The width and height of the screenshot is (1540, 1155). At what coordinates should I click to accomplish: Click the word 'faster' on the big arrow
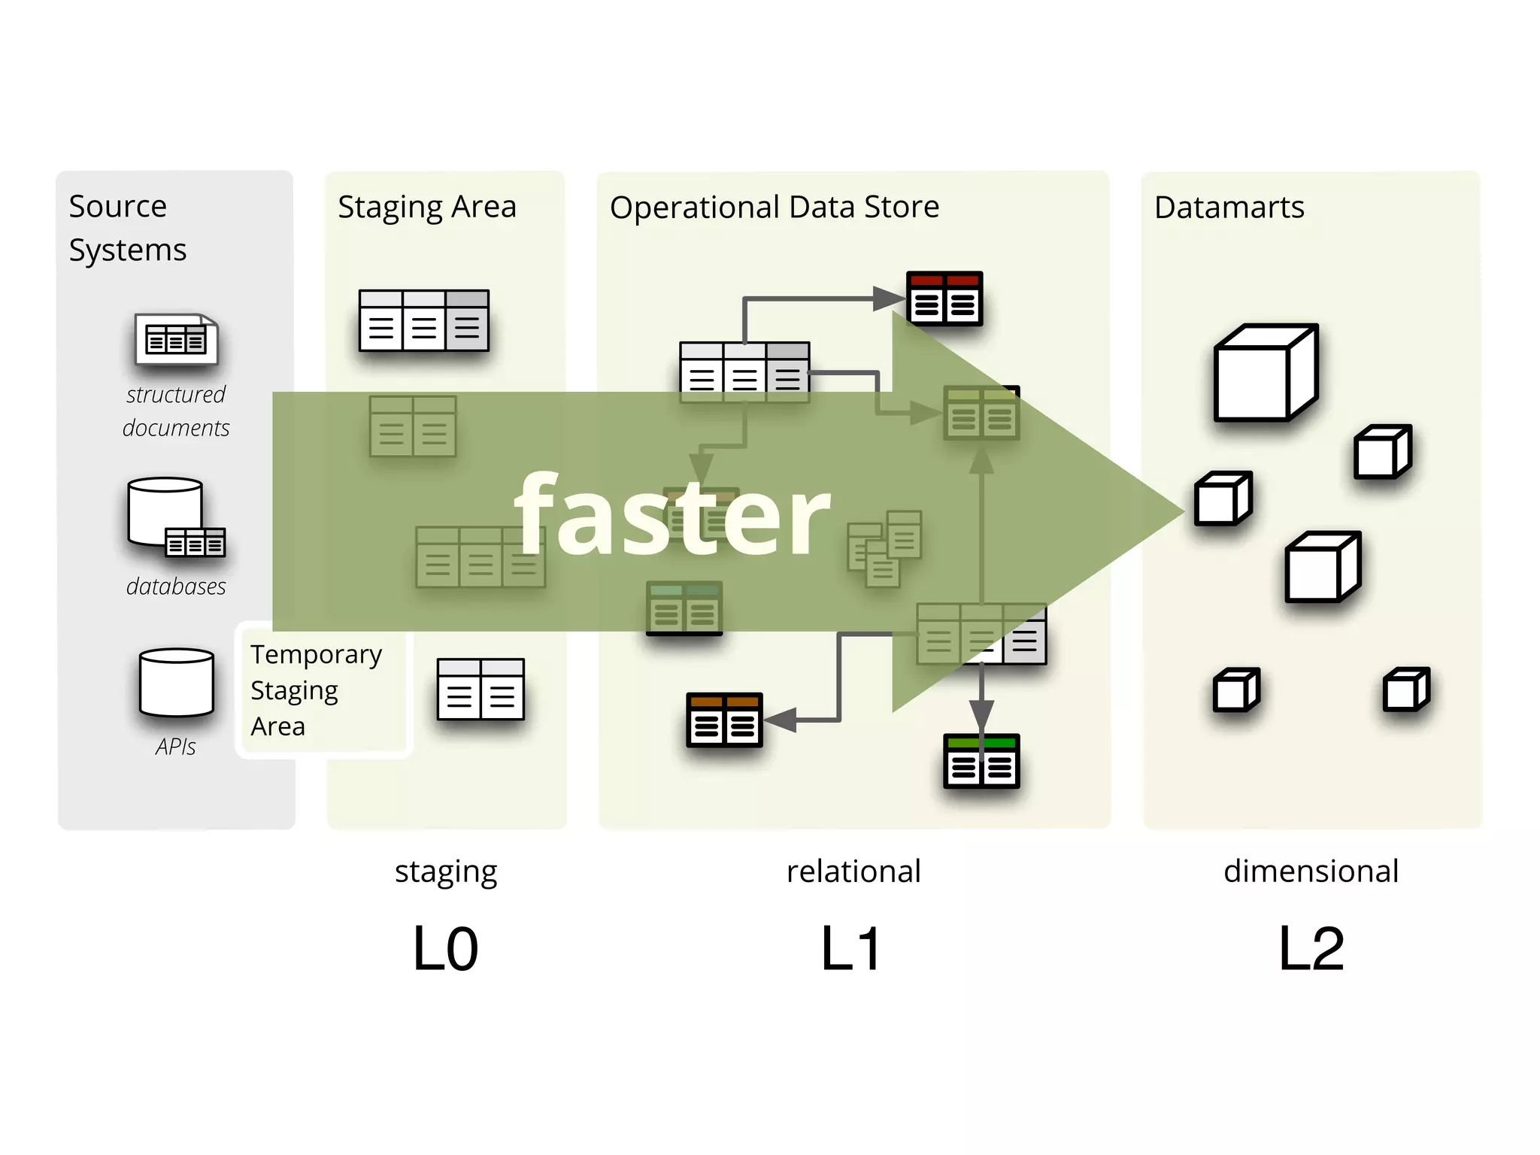pos(671,514)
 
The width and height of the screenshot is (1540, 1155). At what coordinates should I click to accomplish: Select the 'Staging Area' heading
pos(426,207)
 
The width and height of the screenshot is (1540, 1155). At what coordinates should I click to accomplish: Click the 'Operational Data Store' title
pos(774,207)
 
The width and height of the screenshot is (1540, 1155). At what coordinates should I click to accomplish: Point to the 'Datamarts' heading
pos(1229,207)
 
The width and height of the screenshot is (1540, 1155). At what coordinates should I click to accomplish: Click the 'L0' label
pos(445,949)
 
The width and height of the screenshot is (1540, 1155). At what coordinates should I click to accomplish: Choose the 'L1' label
pos(850,949)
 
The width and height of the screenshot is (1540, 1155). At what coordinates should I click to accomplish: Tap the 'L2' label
pos(1311,949)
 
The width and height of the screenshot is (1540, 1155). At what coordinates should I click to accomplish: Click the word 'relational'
pos(853,871)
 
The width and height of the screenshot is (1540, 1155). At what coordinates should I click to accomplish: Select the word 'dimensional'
pos(1311,871)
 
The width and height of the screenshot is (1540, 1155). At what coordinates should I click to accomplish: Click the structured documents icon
pos(176,339)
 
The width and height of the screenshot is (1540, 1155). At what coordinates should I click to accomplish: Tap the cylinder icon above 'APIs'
pos(177,682)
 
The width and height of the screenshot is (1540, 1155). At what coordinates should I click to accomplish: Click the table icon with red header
pos(944,299)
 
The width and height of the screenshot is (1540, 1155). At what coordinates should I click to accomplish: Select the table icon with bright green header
pos(981,761)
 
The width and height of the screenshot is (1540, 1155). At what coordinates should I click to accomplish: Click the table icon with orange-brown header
pos(724,720)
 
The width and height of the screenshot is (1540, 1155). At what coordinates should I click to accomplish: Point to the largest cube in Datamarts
pos(1266,373)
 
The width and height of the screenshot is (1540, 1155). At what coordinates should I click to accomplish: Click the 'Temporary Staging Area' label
pos(316,690)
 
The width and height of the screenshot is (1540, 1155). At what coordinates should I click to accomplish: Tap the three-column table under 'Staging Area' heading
pos(424,320)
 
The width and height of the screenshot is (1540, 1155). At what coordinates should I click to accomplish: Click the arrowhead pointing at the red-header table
pos(889,299)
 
